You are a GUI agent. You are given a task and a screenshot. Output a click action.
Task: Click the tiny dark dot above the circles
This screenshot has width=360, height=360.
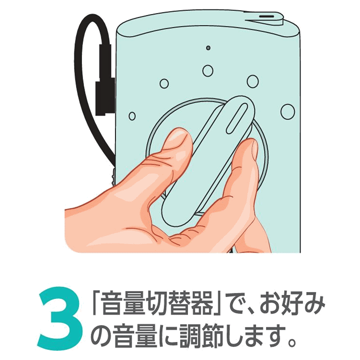pos(208,48)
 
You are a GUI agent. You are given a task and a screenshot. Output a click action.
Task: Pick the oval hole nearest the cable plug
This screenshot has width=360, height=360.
pos(132,116)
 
